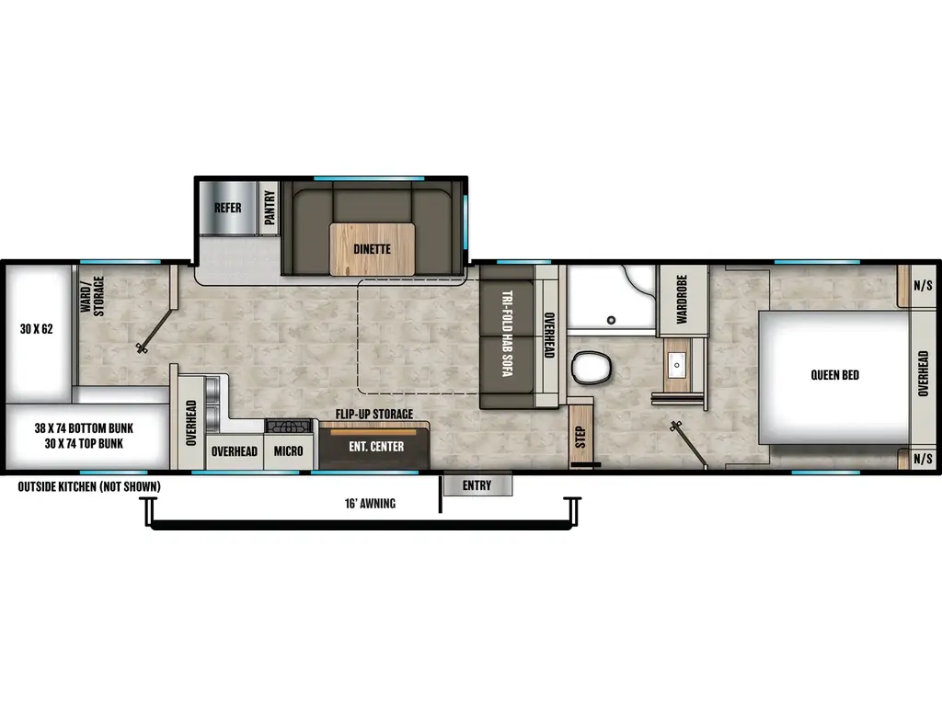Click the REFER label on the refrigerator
[x=228, y=208]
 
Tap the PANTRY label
[x=270, y=208]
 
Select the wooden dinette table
[x=373, y=248]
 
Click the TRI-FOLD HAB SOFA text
[x=507, y=334]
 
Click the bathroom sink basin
[x=677, y=365]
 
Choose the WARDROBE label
[x=682, y=300]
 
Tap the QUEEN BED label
[x=835, y=375]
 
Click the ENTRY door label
[x=477, y=485]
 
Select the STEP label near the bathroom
[x=580, y=437]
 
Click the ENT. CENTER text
[x=376, y=447]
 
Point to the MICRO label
[x=288, y=450]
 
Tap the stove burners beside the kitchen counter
[x=289, y=427]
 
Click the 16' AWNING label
[x=370, y=503]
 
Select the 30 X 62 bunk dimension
[x=36, y=329]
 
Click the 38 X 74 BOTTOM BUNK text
[x=84, y=428]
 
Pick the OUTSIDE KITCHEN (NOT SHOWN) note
[x=89, y=486]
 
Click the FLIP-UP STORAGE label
[x=374, y=415]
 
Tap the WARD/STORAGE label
[x=93, y=295]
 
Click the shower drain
[x=611, y=321]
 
